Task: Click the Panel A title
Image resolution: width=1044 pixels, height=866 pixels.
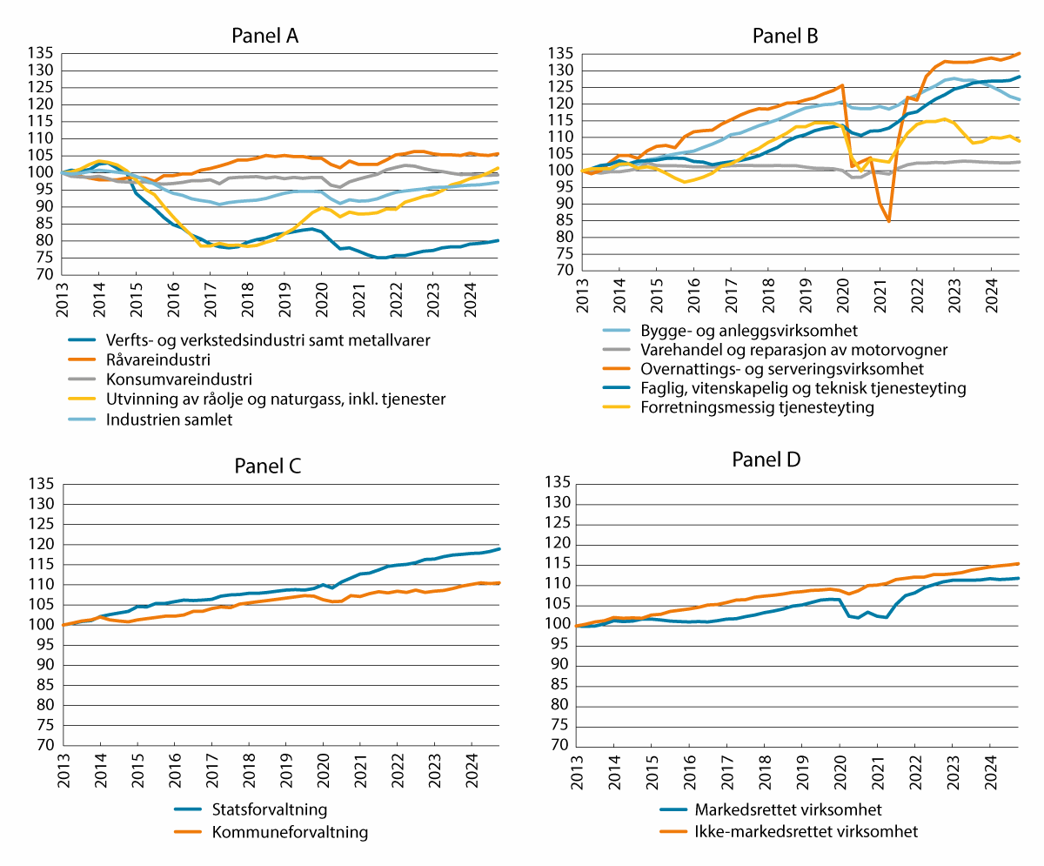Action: click(265, 36)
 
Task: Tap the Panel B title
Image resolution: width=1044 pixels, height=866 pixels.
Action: click(785, 36)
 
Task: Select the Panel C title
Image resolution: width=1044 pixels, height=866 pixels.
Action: click(267, 465)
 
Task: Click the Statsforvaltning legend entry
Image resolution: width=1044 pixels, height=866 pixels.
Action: click(269, 810)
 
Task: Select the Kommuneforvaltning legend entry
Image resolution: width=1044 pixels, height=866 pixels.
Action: click(290, 832)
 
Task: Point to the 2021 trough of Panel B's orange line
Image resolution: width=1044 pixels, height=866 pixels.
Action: click(889, 221)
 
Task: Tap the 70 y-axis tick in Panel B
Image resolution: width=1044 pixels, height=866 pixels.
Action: click(562, 271)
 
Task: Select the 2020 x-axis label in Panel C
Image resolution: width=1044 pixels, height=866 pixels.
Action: click(323, 770)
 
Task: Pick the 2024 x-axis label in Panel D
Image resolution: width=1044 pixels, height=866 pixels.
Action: click(990, 770)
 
